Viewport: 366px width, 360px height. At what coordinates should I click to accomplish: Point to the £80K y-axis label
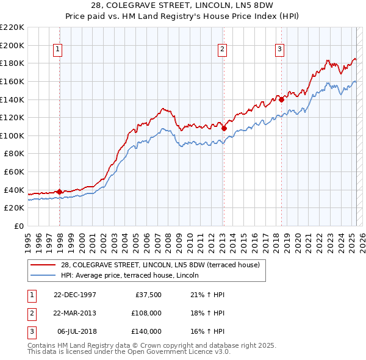pyautogui.click(x=13, y=154)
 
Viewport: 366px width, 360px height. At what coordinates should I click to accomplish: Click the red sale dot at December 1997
pyautogui.click(x=60, y=192)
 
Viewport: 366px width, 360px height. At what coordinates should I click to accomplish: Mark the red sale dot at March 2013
pyautogui.click(x=224, y=128)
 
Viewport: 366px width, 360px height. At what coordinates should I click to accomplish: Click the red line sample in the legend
pyautogui.click(x=44, y=265)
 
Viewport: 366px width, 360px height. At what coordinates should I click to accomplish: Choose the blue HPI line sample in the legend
pyautogui.click(x=44, y=275)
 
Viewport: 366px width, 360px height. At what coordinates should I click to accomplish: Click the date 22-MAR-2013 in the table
pyautogui.click(x=75, y=313)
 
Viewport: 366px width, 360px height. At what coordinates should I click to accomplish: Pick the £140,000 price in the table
pyautogui.click(x=146, y=331)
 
